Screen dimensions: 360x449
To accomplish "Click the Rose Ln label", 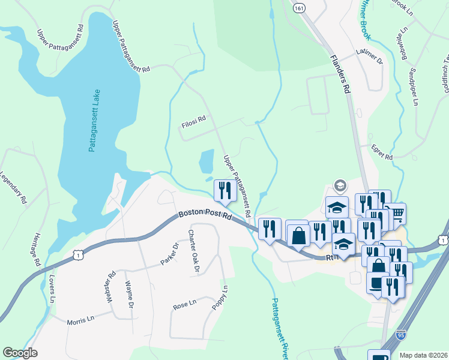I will [x=184, y=304].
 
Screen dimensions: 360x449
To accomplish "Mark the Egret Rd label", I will [x=381, y=152].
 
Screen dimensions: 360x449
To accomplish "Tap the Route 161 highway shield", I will [x=298, y=7].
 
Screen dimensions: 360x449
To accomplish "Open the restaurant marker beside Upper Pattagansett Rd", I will [x=225, y=191].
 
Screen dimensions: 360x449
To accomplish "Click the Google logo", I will [x=20, y=353].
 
